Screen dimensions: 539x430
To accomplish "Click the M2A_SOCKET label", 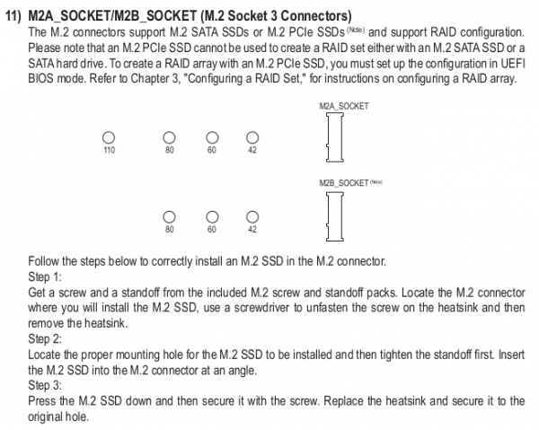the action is tap(344, 106).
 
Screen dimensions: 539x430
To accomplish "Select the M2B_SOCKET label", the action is tap(344, 183).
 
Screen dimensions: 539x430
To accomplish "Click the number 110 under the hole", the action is tap(109, 150).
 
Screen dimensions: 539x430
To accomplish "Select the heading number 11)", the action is tap(13, 16).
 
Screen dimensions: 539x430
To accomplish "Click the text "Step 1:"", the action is tap(45, 276).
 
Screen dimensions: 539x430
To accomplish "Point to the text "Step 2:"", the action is tap(45, 338).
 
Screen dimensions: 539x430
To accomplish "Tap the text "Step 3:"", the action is tap(45, 385).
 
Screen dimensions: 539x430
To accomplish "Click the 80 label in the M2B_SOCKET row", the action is tap(170, 230).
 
